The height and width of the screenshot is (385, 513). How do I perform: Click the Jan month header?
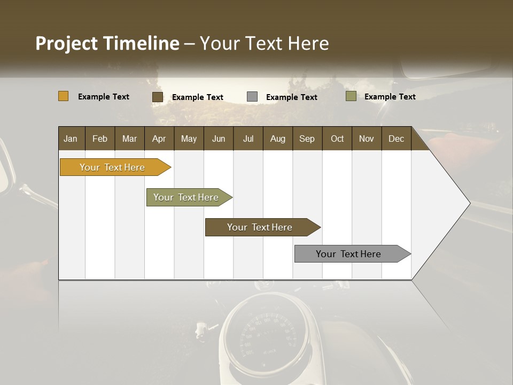point(71,139)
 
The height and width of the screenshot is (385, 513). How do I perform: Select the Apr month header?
point(159,139)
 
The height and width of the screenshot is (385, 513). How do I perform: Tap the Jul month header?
point(248,139)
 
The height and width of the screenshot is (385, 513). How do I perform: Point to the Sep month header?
point(307,139)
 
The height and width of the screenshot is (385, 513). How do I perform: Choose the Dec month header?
point(396,139)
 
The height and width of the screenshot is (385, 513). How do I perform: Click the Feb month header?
point(100,139)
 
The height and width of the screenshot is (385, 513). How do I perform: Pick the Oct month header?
point(337,139)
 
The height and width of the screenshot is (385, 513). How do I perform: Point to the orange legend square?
point(64,96)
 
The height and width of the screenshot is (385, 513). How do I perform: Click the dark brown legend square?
point(158,97)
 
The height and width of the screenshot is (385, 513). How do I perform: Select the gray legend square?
point(252,97)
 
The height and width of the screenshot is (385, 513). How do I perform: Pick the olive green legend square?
point(351,96)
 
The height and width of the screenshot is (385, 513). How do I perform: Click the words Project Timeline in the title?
point(107,43)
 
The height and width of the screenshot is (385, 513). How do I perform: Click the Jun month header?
point(219,139)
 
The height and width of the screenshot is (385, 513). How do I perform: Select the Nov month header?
point(367,139)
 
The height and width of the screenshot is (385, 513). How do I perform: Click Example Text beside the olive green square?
point(390,97)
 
